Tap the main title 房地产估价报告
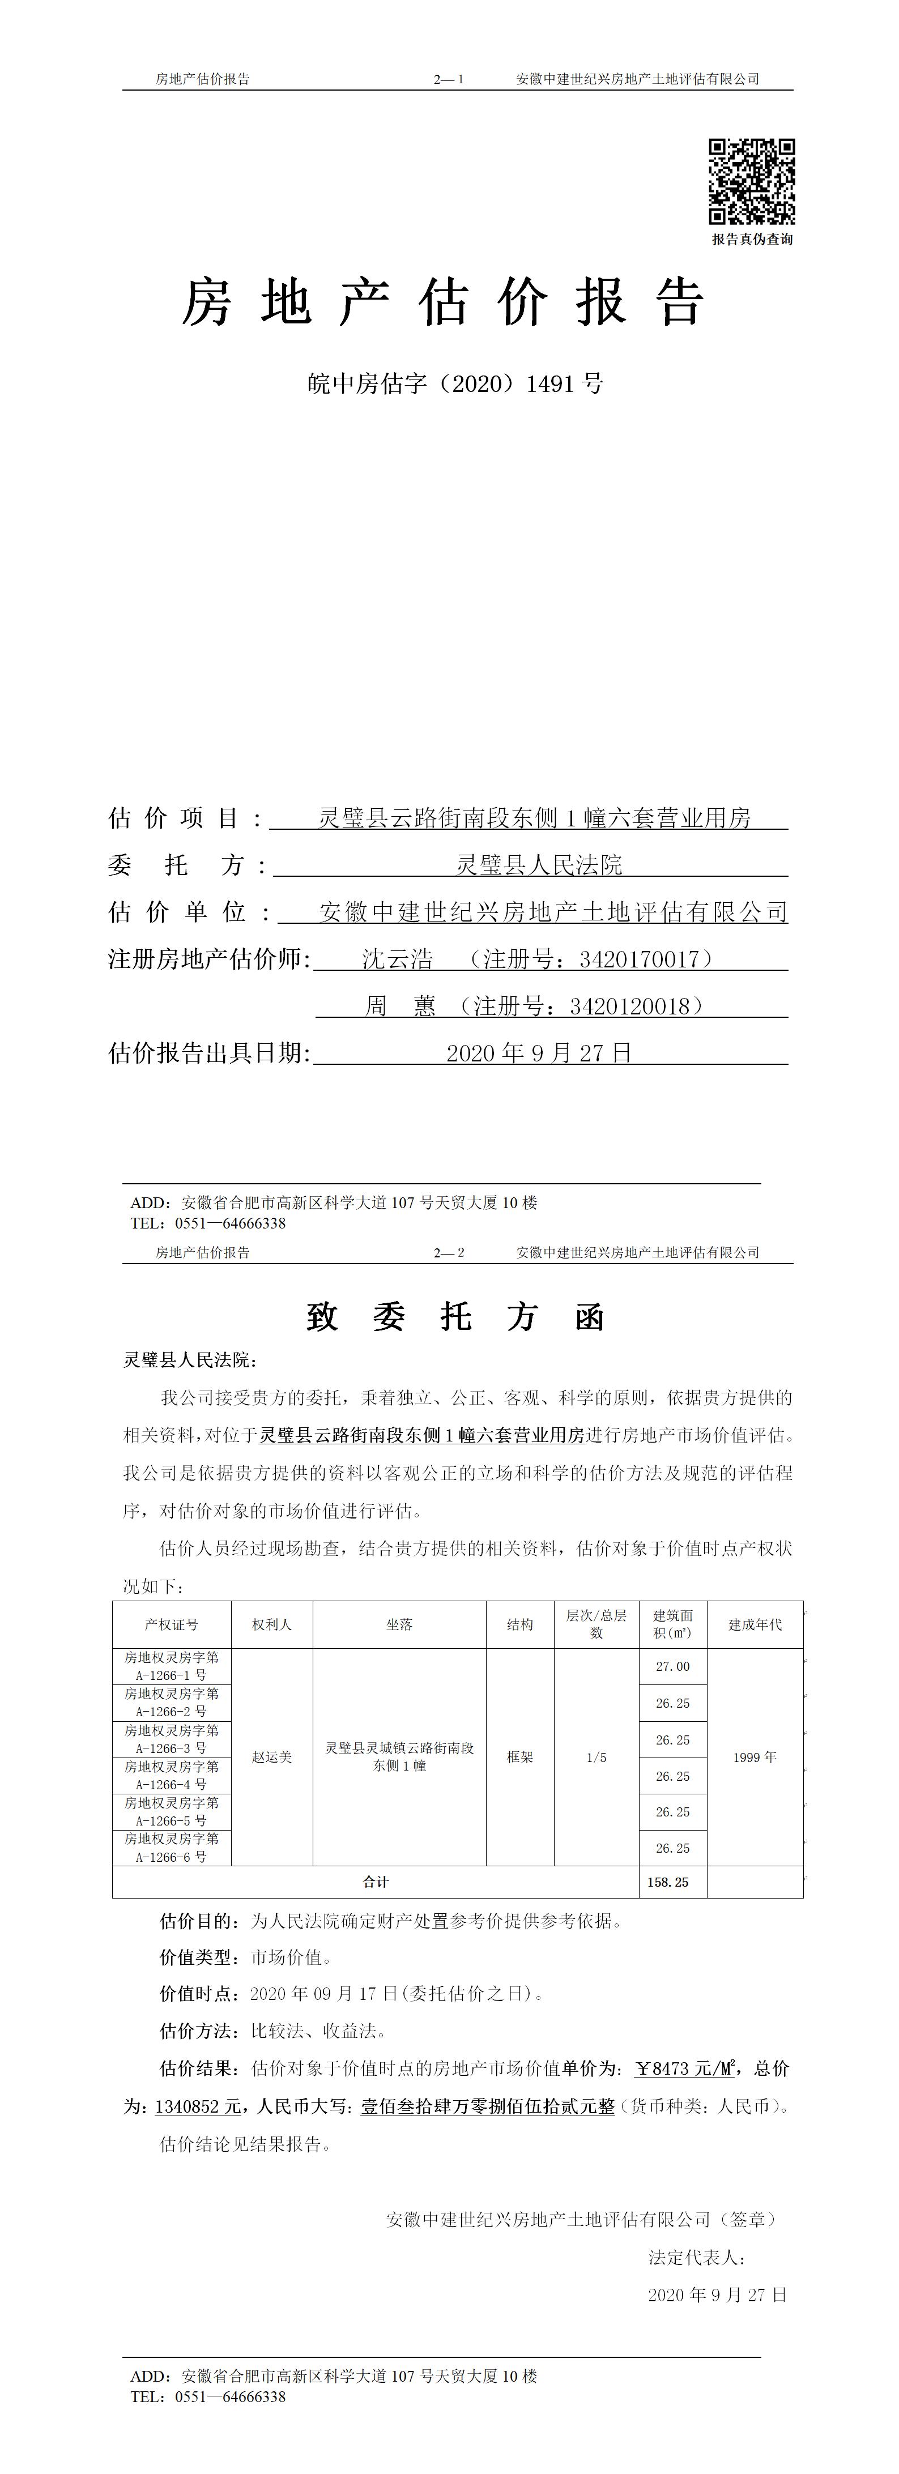444,302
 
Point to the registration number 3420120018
629,1005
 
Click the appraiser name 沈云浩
398,958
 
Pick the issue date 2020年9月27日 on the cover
539,1052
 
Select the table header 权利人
272,1624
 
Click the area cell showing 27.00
672,1666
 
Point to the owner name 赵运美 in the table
272,1756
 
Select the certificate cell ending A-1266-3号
171,1739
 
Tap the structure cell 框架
519,1756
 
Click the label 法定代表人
696,2257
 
